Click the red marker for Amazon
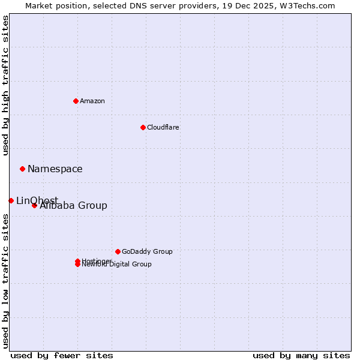[76, 101]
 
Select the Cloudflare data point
[143, 127]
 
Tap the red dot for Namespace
[22, 169]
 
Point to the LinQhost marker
[11, 200]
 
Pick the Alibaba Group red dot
[34, 205]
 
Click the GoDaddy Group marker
[118, 251]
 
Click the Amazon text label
[92, 101]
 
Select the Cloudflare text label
[163, 127]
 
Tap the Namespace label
[55, 169]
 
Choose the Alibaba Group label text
[73, 206]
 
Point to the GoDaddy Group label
[147, 252]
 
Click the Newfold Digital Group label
[117, 265]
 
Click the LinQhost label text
[37, 200]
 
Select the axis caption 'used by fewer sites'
[62, 355]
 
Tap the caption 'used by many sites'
[301, 355]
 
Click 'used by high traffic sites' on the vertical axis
[6, 85]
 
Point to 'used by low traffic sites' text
[6, 281]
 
